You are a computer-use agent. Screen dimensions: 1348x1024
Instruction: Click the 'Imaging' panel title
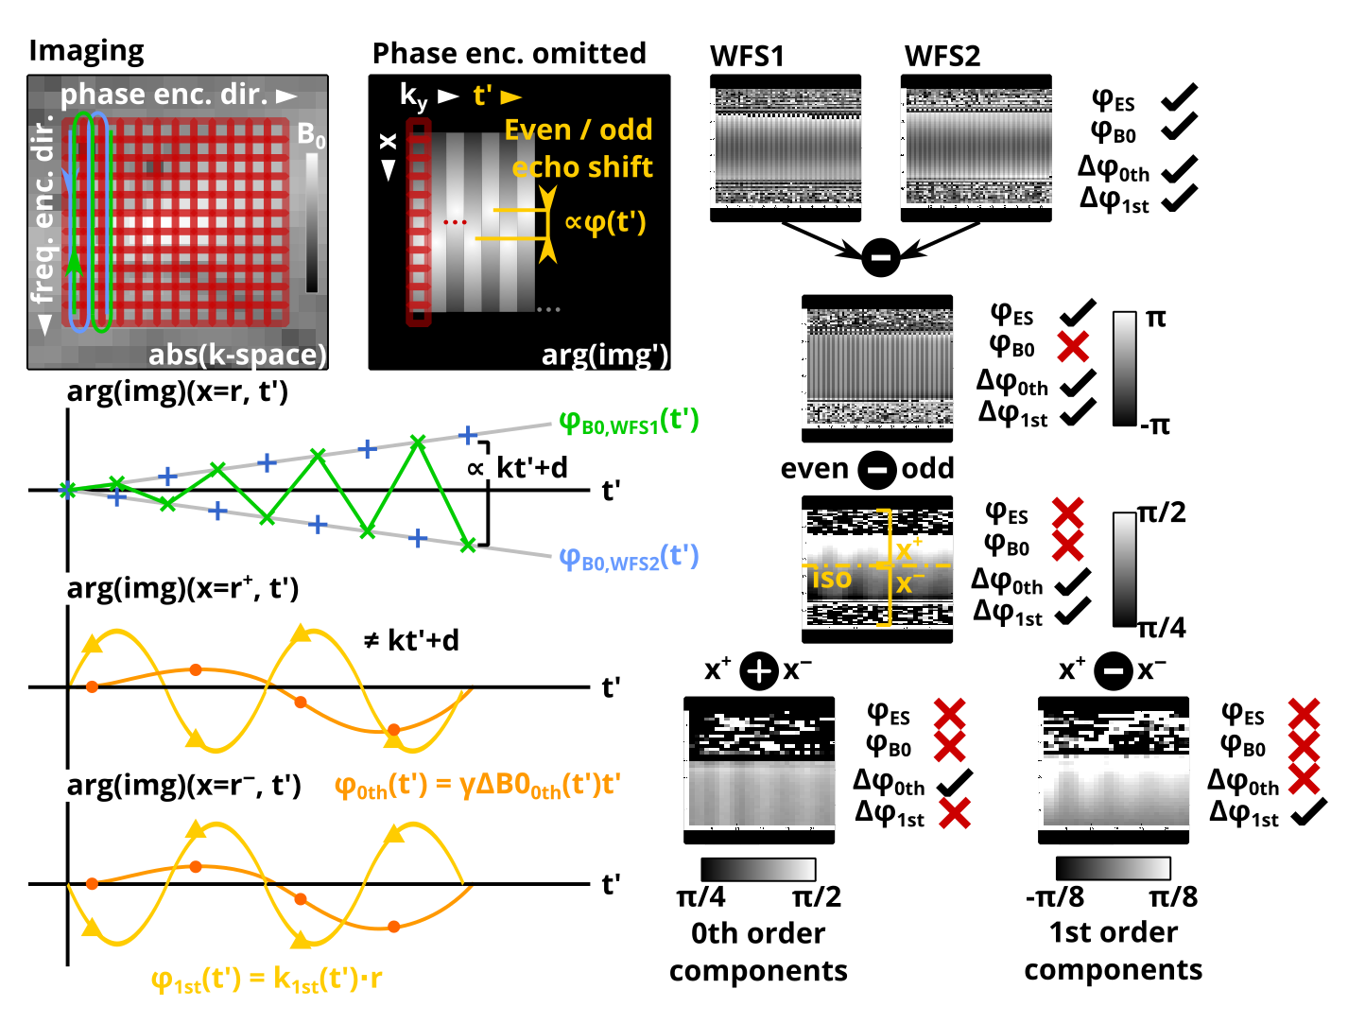tap(86, 52)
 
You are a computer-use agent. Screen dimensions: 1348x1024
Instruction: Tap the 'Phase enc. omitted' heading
tap(509, 54)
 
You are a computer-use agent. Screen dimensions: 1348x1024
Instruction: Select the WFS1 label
tap(746, 56)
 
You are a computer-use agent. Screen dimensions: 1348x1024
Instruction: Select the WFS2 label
tap(942, 56)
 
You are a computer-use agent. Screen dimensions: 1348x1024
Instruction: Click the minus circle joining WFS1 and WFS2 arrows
tap(880, 257)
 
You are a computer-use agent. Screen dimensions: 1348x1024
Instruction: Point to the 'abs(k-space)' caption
tap(237, 355)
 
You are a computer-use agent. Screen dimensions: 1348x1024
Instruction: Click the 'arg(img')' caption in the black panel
tap(604, 356)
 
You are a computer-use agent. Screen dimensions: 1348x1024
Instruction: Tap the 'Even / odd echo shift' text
tap(578, 148)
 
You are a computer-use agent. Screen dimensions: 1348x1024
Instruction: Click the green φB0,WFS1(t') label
tap(629, 422)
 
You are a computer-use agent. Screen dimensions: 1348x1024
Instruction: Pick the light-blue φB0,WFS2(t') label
tap(629, 558)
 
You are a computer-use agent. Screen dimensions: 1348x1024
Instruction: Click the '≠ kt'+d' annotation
tap(411, 641)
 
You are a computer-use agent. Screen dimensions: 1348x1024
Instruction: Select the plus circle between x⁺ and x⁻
tap(758, 670)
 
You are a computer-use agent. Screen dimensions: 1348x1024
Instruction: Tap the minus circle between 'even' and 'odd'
tap(876, 469)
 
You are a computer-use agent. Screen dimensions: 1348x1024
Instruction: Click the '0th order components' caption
tap(758, 951)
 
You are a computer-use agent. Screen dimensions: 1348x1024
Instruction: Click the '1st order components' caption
tap(1113, 951)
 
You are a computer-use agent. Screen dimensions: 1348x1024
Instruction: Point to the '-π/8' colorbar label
tap(1054, 897)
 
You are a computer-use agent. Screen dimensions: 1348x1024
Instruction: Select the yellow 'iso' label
tap(832, 579)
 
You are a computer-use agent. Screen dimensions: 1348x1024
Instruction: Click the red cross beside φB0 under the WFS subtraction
tap(1072, 346)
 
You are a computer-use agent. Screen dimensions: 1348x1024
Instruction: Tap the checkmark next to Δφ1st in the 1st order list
tap(1308, 811)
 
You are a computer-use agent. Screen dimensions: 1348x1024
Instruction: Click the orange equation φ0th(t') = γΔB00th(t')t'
tap(477, 786)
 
